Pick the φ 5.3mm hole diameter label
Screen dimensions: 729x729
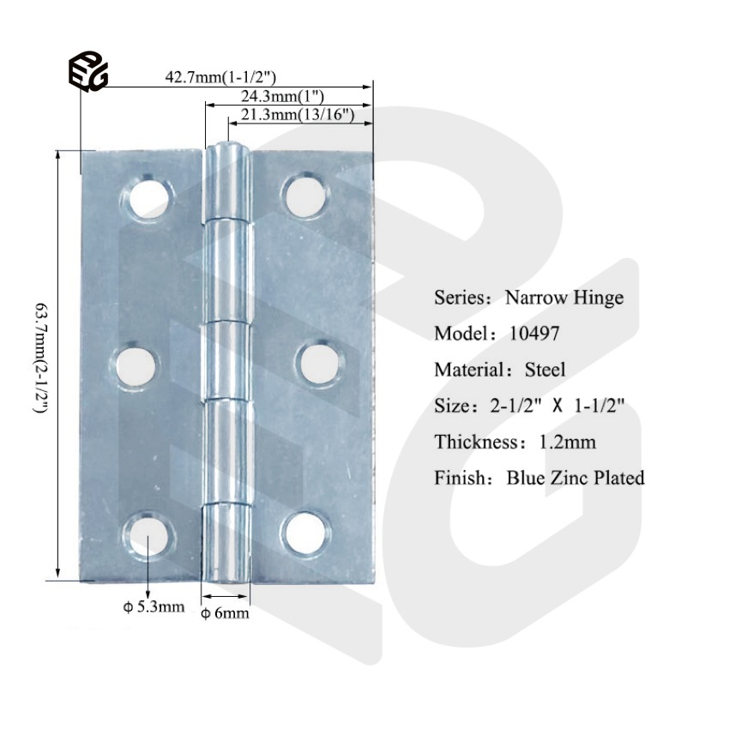(x=154, y=607)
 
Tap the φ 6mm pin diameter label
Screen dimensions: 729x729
(x=225, y=612)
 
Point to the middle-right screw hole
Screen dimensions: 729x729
(x=316, y=364)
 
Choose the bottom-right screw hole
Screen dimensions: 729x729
(x=306, y=532)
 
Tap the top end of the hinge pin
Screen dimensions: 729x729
(x=228, y=151)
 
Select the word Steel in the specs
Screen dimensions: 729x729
(x=545, y=370)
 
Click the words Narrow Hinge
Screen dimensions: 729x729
(x=563, y=298)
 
